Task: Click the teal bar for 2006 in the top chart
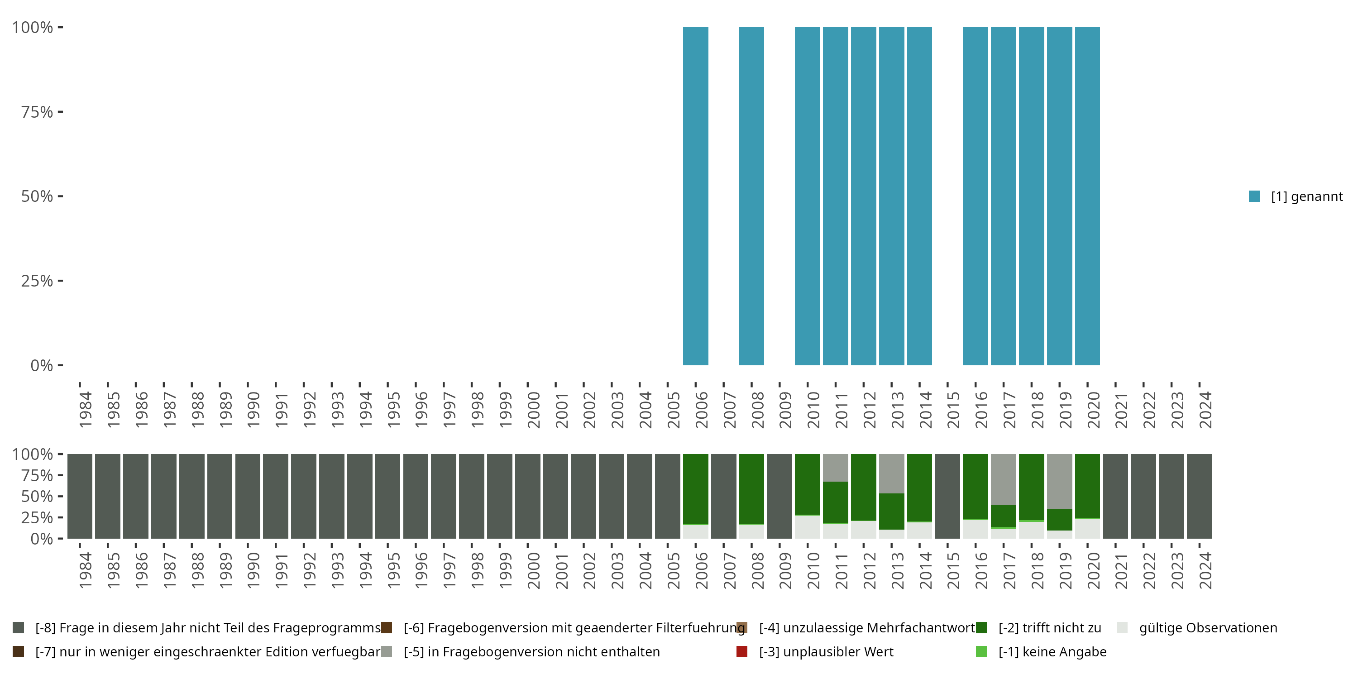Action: [695, 196]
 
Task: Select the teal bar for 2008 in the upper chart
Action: [751, 196]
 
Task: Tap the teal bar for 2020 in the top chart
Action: [1087, 196]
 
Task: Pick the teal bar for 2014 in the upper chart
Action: [919, 196]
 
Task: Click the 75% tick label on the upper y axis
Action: [37, 112]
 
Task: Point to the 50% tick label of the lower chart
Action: [37, 496]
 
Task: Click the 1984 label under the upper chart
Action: [85, 410]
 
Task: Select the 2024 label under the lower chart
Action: [1205, 570]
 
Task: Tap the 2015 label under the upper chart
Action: [952, 410]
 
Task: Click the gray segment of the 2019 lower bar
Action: [1059, 481]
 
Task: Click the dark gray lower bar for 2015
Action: [947, 496]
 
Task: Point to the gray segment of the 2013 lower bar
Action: [891, 473]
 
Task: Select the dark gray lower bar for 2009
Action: [779, 496]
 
